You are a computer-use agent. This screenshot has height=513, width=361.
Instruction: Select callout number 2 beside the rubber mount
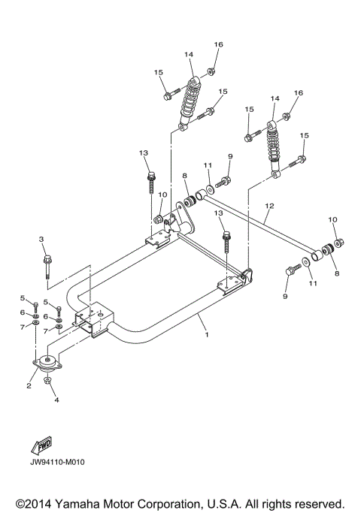pyautogui.click(x=29, y=386)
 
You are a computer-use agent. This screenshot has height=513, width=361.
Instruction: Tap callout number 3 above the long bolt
pyautogui.click(x=42, y=239)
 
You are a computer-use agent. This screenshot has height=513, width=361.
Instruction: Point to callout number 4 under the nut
pyautogui.click(x=56, y=400)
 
